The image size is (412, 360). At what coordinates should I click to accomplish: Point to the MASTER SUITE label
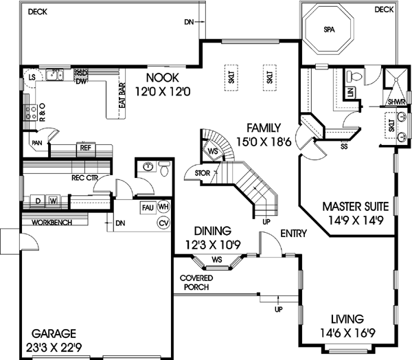click(356, 206)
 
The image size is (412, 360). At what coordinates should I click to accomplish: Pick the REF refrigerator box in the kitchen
click(86, 148)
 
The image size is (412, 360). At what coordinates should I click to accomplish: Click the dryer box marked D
click(38, 201)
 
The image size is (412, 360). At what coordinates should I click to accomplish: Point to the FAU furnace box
click(147, 207)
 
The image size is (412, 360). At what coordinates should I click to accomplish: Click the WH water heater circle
click(163, 207)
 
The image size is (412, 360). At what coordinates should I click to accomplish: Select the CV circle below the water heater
click(163, 223)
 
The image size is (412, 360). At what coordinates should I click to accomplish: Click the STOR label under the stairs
click(202, 174)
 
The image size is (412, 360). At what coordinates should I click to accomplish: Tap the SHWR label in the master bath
click(396, 102)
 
